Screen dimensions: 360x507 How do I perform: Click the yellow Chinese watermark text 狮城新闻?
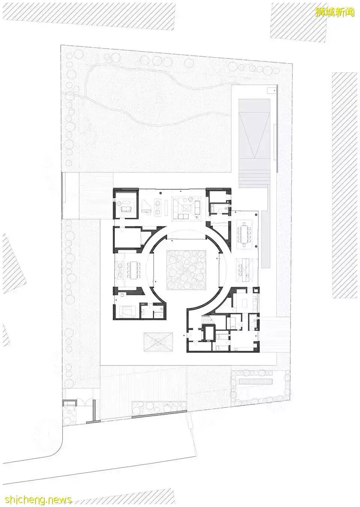[x=334, y=12]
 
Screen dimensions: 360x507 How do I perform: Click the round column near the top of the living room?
[x=160, y=193]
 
